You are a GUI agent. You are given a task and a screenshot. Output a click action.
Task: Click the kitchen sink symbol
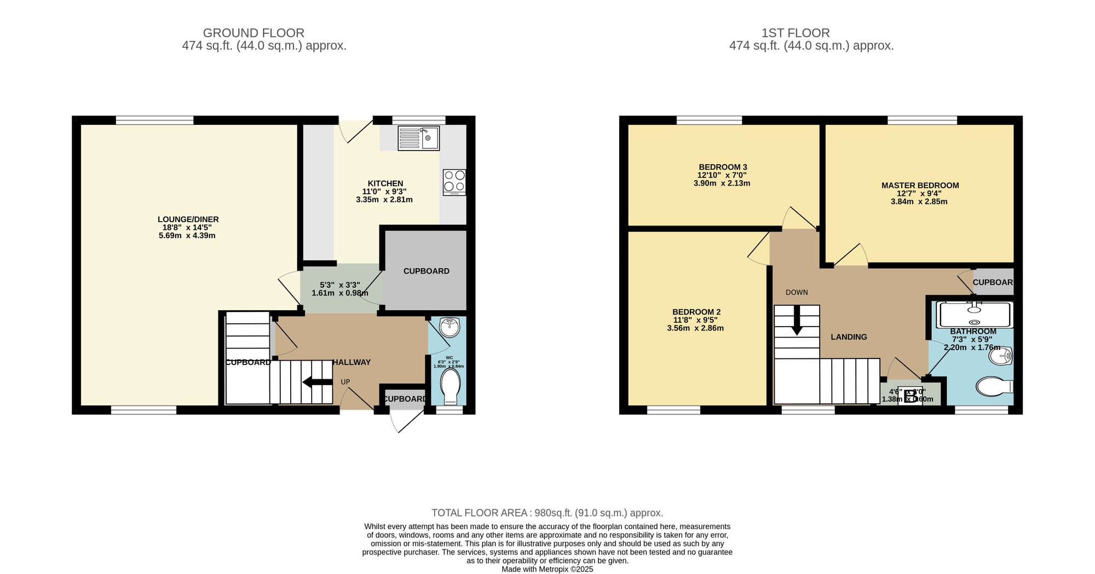coord(418,138)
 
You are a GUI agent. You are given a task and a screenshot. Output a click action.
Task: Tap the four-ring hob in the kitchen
coord(454,182)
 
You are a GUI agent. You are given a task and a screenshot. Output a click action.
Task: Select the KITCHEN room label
coord(385,183)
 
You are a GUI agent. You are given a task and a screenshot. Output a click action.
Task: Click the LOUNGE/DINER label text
coord(188,219)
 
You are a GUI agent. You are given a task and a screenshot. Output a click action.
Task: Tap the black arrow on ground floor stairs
coord(317,381)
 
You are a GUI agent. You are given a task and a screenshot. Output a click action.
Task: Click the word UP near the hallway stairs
coord(345,382)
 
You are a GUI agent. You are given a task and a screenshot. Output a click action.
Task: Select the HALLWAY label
coord(351,362)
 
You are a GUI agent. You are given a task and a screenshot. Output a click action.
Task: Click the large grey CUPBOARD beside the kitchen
coord(426,271)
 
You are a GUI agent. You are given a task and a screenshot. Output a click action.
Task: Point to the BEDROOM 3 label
coord(723,167)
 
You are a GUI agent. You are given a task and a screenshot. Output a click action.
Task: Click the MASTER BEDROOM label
coord(920,185)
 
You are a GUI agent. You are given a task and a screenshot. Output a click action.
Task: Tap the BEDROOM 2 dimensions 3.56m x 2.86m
coord(695,328)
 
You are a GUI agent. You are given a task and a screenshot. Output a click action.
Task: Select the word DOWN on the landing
coord(797,292)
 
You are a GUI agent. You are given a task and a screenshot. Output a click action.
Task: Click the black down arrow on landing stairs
coord(797,320)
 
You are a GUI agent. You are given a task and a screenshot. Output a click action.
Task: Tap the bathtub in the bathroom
coord(975,315)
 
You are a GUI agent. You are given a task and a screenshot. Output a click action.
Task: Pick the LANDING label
coord(849,337)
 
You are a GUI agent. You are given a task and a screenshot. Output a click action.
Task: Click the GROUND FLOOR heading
coord(253,33)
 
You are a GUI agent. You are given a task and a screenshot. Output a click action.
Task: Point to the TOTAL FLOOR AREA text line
coord(547,513)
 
